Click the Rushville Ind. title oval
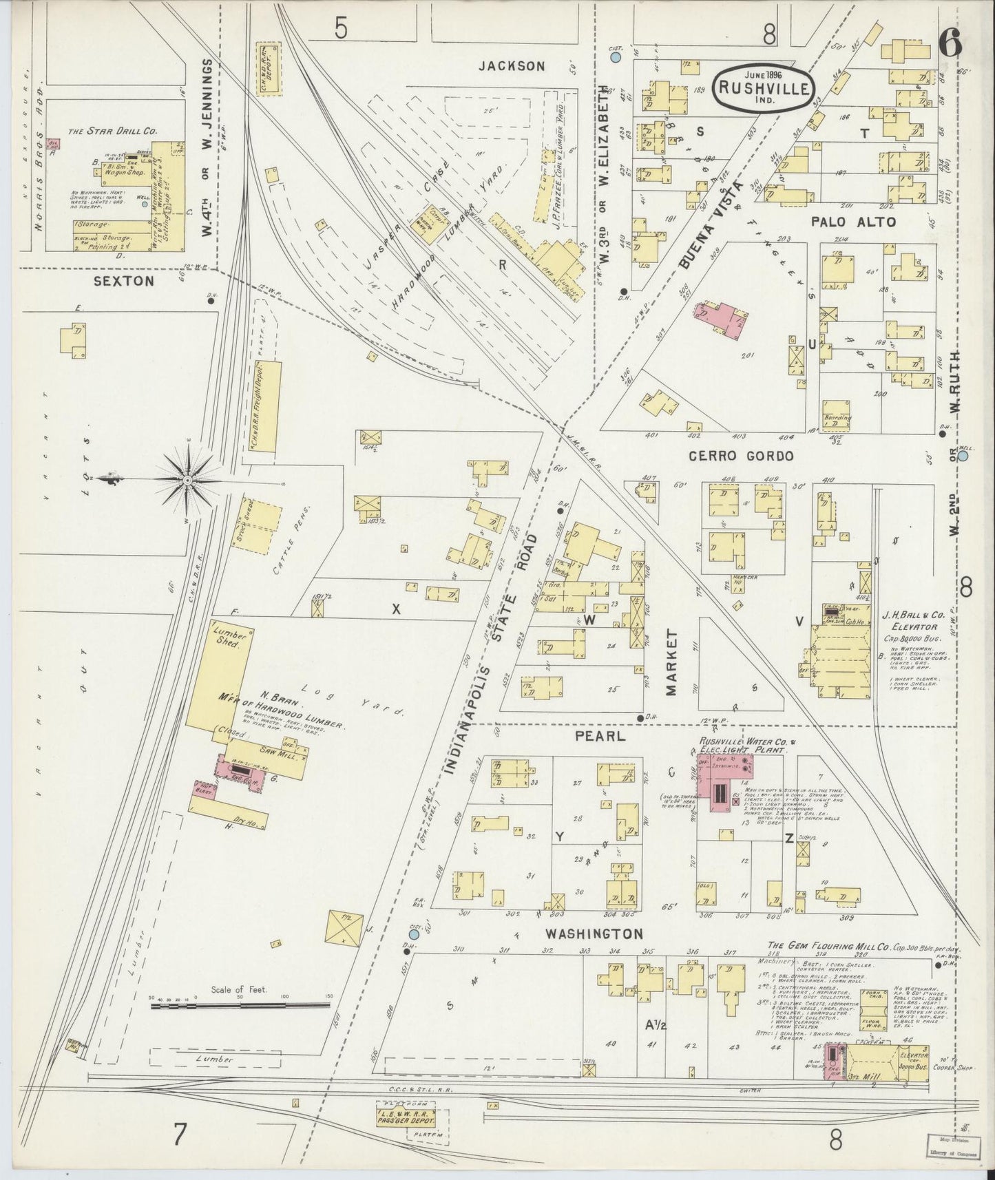tap(764, 87)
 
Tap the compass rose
tap(187, 478)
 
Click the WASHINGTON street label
tap(594, 934)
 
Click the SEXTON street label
tap(125, 281)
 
